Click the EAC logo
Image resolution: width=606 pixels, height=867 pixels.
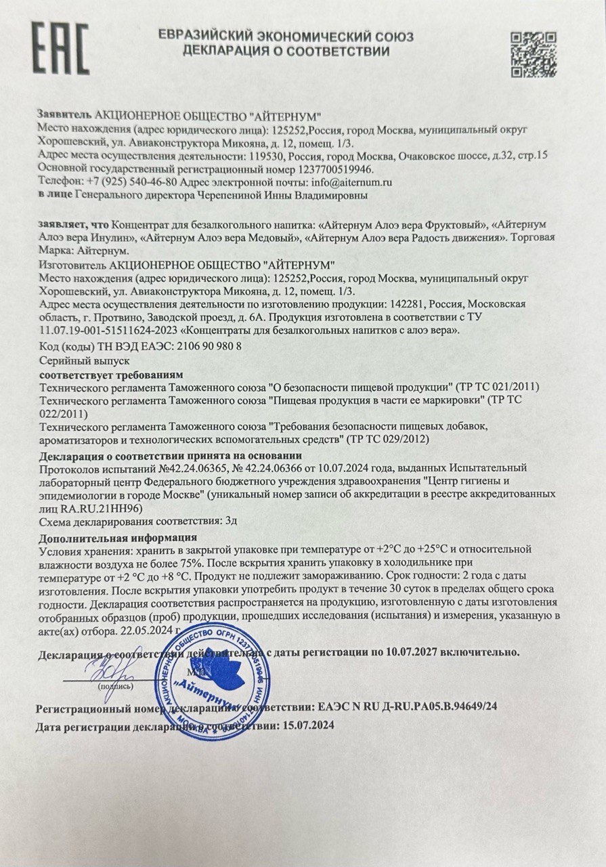click(60, 49)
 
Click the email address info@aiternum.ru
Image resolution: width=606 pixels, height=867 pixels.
click(351, 182)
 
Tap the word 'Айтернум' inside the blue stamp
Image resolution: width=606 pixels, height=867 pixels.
click(209, 694)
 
